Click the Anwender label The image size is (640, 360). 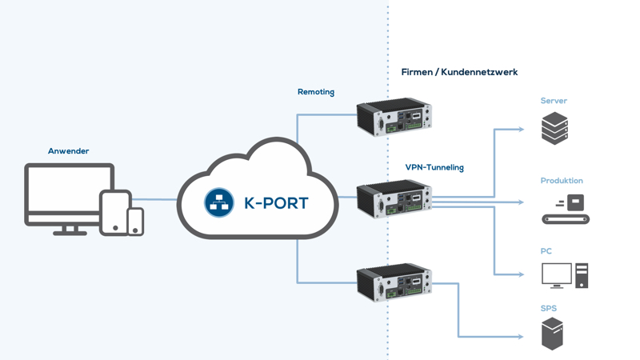(68, 151)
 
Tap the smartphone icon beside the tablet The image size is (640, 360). (136, 222)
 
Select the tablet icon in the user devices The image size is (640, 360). (115, 212)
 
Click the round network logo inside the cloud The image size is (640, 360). (218, 202)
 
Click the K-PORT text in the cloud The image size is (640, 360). (276, 203)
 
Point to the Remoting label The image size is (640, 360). (316, 92)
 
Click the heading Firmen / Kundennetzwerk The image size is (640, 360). (459, 72)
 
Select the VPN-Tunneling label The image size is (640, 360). (434, 167)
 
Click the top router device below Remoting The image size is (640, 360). (394, 118)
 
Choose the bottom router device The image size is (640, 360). (394, 282)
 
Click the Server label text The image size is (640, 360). (554, 101)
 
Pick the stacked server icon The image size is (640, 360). (554, 128)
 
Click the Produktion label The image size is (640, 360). (562, 181)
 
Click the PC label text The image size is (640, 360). (546, 251)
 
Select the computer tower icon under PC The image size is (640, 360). (582, 276)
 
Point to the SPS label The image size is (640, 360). (549, 308)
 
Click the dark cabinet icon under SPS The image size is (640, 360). (552, 334)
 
